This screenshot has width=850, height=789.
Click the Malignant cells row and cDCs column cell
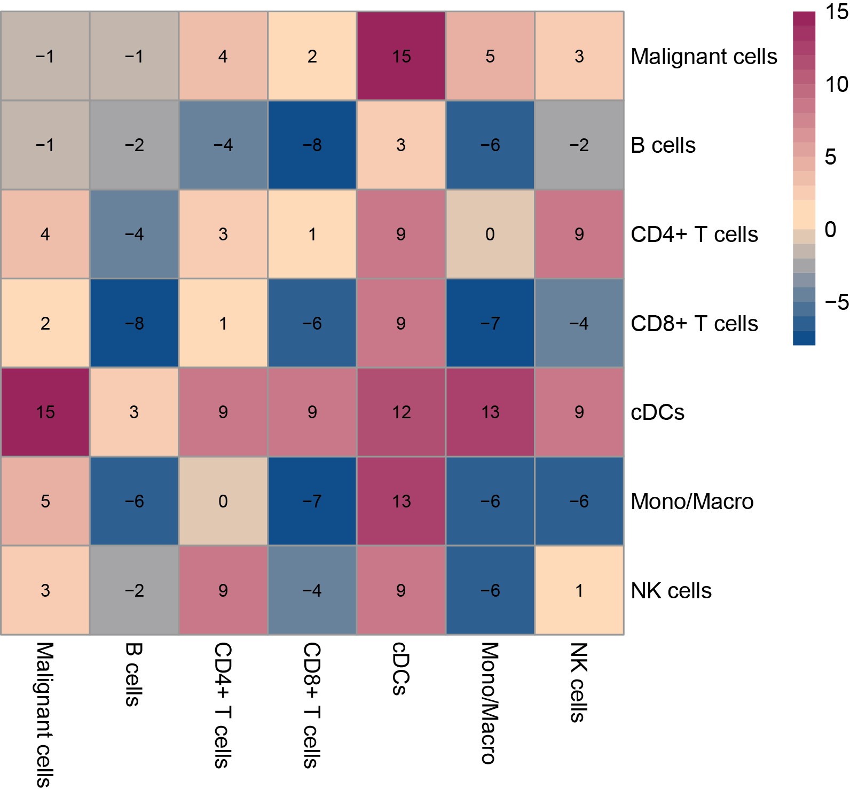[x=401, y=56]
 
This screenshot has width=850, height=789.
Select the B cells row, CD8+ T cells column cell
[x=312, y=145]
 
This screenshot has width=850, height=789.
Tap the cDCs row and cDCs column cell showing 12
[x=401, y=412]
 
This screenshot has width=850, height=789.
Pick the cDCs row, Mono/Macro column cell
[x=490, y=412]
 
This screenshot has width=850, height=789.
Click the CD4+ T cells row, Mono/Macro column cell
[x=490, y=234]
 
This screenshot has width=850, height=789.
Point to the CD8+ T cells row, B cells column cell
[x=134, y=323]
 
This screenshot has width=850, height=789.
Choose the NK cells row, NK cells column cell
[x=579, y=590]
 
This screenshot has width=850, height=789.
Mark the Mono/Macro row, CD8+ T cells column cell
[x=312, y=501]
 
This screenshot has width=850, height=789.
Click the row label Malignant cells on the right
[x=704, y=57]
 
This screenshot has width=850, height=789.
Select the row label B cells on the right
[x=663, y=145]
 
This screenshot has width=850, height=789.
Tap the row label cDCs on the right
[x=658, y=412]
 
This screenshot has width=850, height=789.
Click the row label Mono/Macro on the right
[x=692, y=502]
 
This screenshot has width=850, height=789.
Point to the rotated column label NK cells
[x=578, y=682]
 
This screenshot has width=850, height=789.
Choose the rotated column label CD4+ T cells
[x=223, y=705]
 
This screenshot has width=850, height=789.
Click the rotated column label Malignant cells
[x=45, y=715]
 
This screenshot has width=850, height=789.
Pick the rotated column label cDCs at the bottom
[x=400, y=668]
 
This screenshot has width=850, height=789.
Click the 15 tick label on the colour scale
[x=836, y=12]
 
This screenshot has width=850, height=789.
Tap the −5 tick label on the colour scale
[x=836, y=302]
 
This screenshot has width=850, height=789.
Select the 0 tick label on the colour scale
[x=830, y=229]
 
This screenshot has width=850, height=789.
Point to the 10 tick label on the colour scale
[x=836, y=84]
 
